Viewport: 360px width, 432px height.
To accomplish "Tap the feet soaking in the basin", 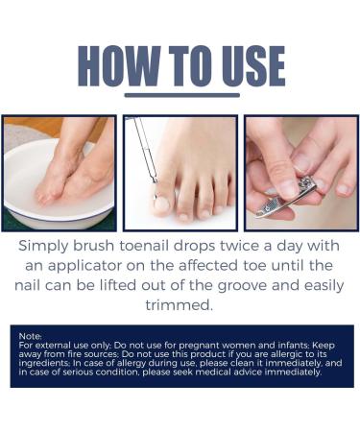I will (72, 168).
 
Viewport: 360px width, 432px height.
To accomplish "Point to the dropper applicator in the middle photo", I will (146, 154).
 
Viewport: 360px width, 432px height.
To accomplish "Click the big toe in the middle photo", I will (159, 200).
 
